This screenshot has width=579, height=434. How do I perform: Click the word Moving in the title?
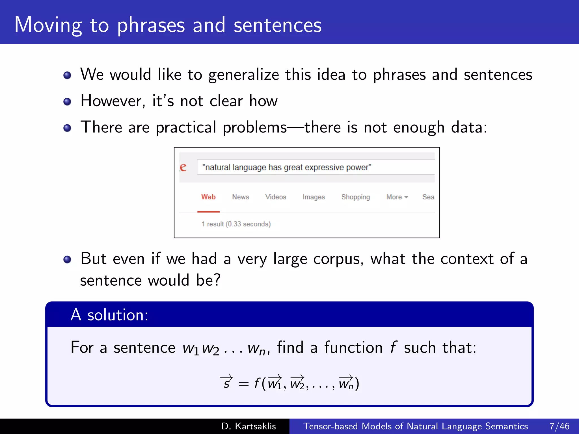pos(48,25)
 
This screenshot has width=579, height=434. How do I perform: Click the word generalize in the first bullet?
pos(244,75)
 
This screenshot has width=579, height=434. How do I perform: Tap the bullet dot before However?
pos(67,101)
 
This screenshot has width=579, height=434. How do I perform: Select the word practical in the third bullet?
pos(186,127)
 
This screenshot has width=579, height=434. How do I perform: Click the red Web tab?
pos(208,197)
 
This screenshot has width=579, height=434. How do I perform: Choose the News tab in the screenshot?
pos(241,197)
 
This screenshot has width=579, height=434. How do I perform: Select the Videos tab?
pos(276,197)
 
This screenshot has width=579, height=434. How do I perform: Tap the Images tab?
pos(314,197)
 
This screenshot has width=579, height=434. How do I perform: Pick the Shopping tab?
pos(355,197)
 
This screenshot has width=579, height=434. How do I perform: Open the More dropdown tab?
pos(397,197)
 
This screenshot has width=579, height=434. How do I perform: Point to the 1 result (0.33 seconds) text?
pos(236,224)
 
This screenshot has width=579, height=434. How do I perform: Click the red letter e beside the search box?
pos(183,167)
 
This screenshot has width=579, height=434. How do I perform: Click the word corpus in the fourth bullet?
pos(338,259)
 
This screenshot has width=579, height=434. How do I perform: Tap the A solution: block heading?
pos(109,315)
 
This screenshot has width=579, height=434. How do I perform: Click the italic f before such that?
pos(393,347)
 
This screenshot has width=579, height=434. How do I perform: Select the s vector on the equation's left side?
pos(227,383)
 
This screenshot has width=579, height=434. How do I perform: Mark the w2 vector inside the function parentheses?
pos(297,383)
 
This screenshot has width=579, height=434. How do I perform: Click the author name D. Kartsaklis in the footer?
pos(249,426)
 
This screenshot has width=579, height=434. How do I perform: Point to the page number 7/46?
pos(559,426)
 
